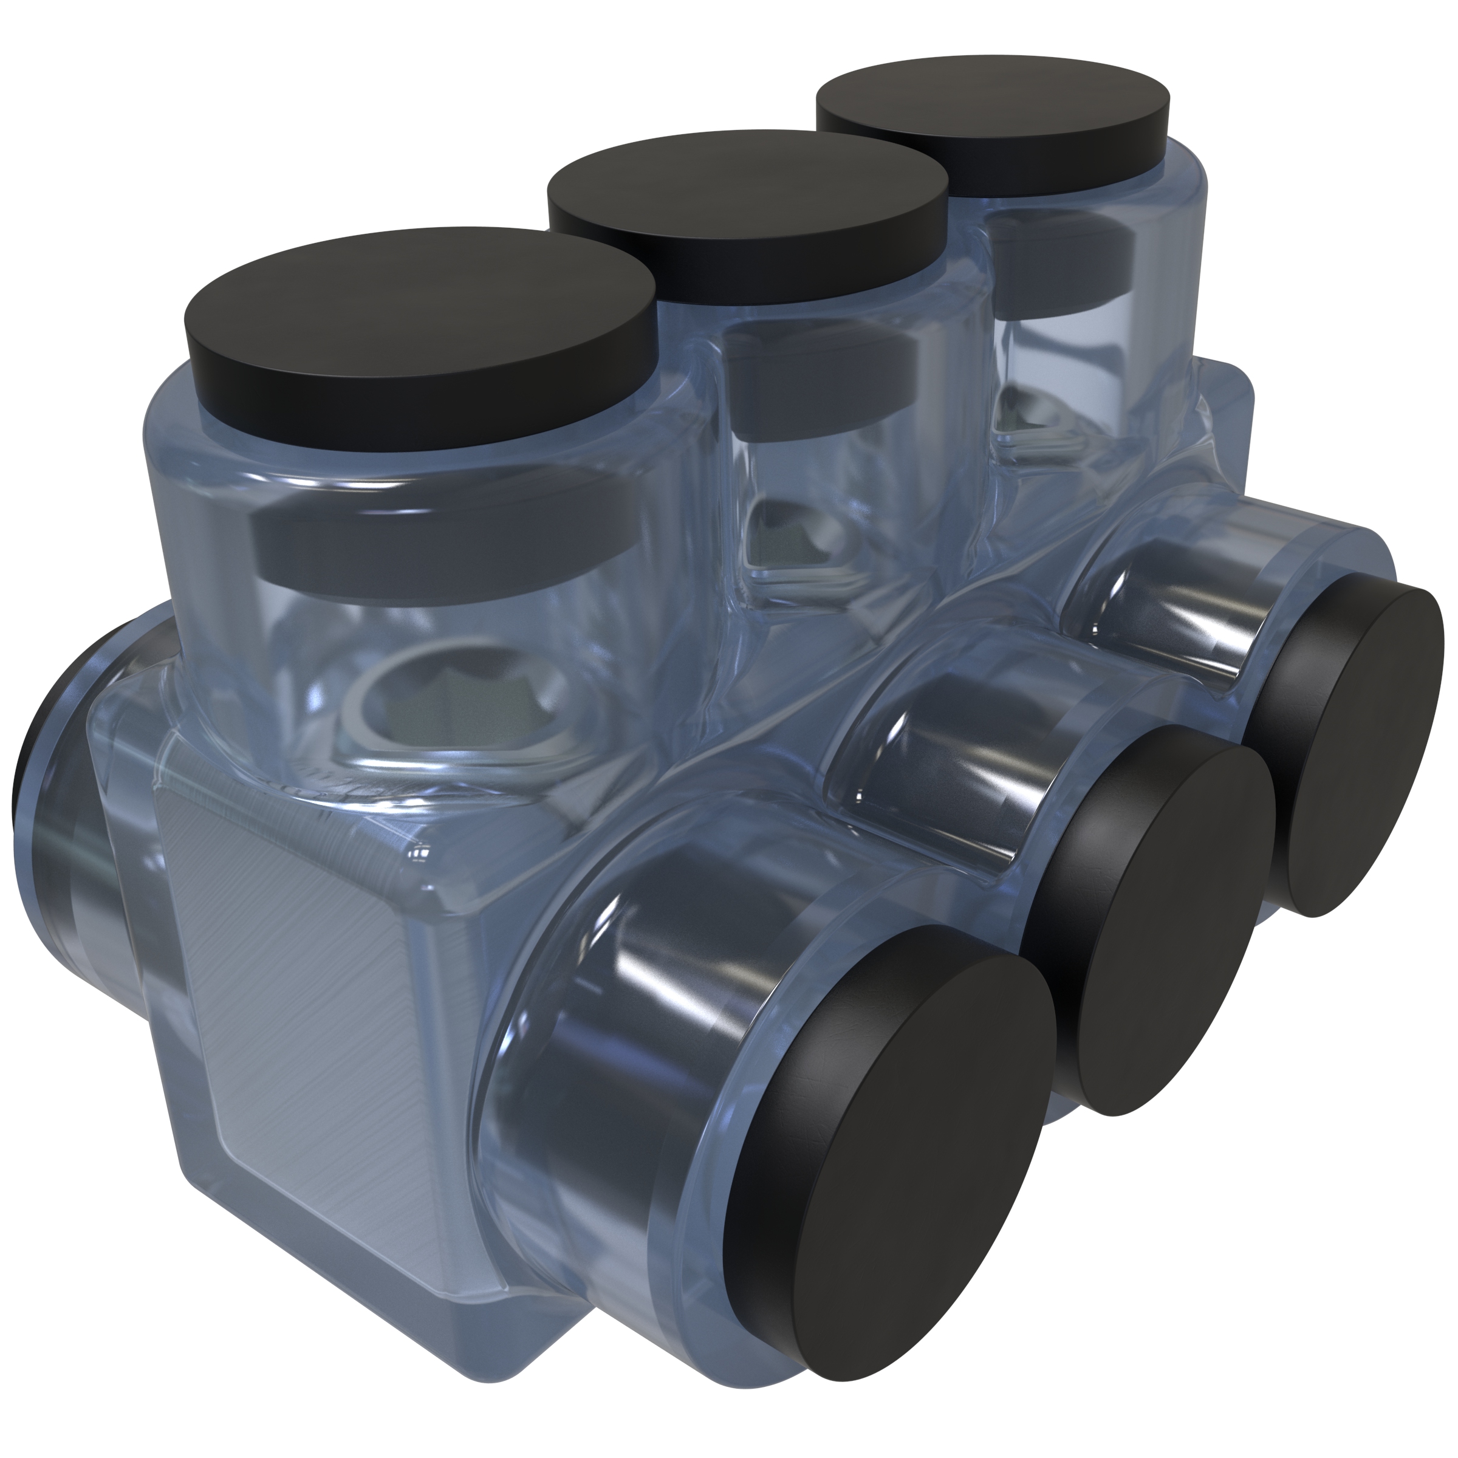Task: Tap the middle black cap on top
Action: coord(747,204)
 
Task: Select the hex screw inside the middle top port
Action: coord(792,536)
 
